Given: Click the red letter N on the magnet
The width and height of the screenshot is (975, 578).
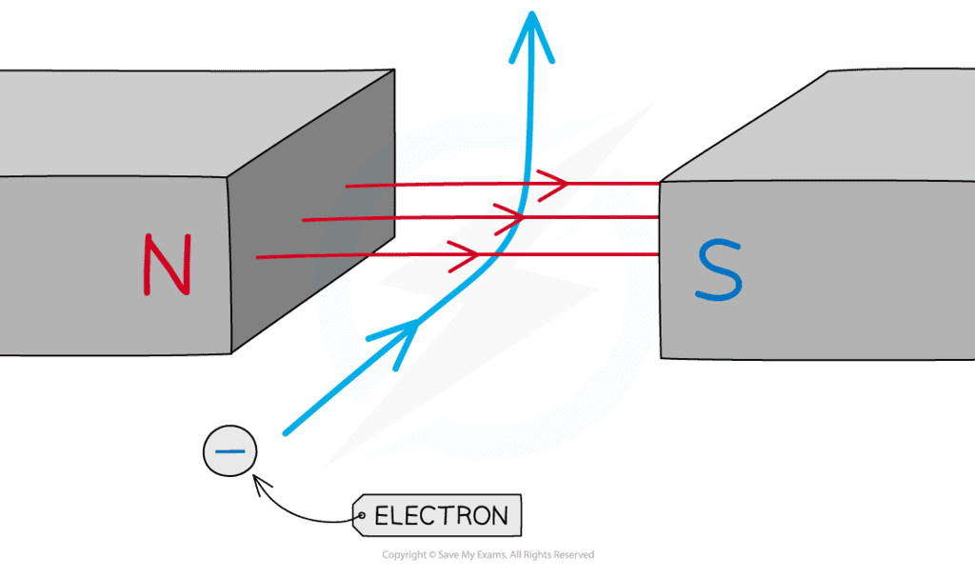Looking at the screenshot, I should [168, 264].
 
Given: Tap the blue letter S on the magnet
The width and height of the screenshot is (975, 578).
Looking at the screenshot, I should [718, 270].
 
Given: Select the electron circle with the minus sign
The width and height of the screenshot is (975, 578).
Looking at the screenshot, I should [230, 452].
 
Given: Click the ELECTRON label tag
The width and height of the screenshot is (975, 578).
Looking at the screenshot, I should [439, 517].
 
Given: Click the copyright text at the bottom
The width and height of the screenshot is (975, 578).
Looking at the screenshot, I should [487, 554].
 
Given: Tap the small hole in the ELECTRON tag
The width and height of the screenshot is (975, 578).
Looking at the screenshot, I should [363, 519].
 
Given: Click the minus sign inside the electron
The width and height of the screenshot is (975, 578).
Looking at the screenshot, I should [230, 452].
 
